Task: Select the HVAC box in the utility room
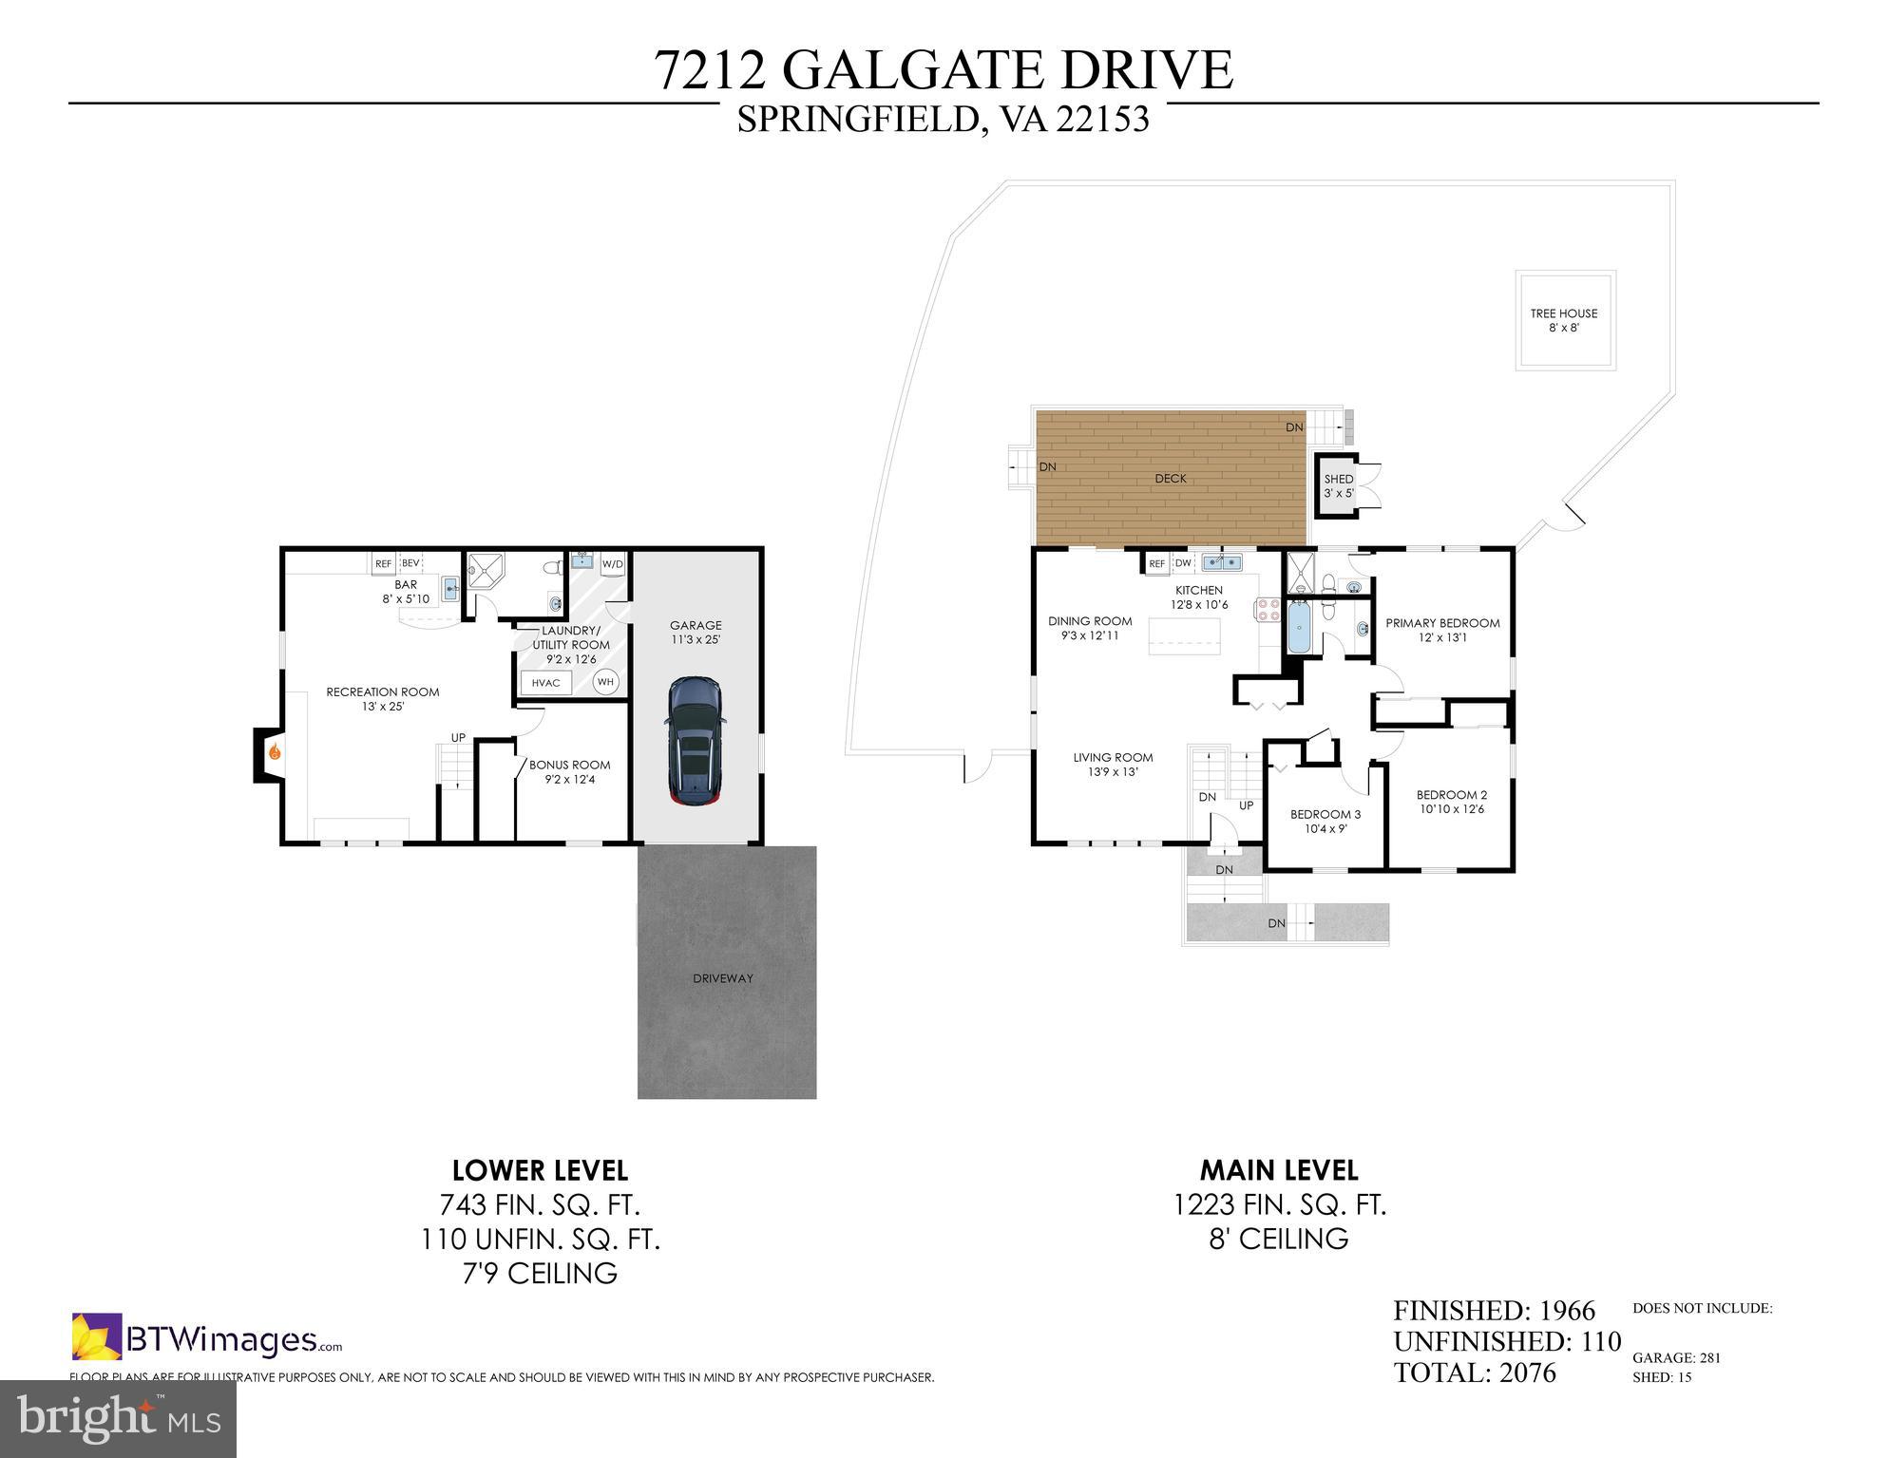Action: tap(546, 682)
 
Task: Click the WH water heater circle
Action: tap(605, 681)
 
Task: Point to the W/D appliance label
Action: tap(613, 564)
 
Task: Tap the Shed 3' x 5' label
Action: tap(1339, 486)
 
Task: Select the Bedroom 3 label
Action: tap(1325, 821)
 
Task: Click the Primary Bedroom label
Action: tap(1442, 630)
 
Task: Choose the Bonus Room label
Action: tap(570, 771)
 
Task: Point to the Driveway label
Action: tap(723, 978)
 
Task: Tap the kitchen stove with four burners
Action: tap(1268, 609)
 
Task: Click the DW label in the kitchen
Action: tap(1183, 563)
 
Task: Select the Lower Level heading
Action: tap(540, 1169)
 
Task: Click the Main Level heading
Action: tap(1279, 1169)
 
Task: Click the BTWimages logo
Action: tap(207, 1337)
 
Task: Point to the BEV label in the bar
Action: tap(410, 563)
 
